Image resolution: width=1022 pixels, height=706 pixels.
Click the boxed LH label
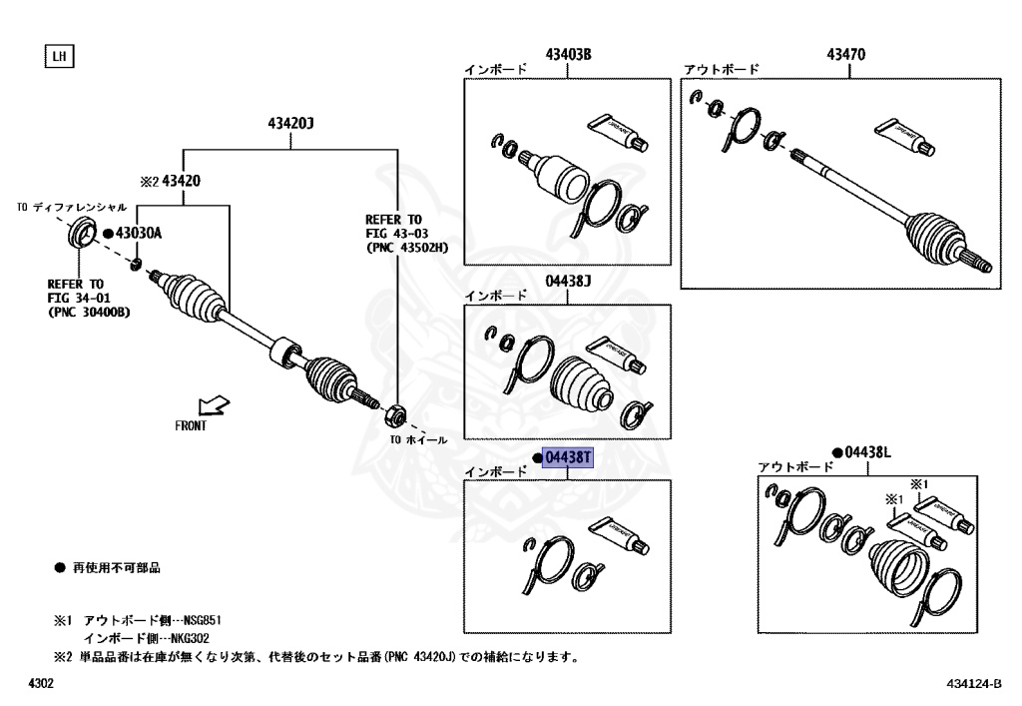click(x=59, y=56)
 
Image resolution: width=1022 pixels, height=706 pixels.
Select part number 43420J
click(x=290, y=124)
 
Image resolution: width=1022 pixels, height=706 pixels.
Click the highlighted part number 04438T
click(x=567, y=458)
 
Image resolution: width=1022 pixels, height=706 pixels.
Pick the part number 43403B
click(x=568, y=54)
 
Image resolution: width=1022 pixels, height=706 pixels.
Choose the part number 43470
click(x=844, y=54)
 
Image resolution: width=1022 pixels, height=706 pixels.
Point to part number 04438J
click(x=568, y=282)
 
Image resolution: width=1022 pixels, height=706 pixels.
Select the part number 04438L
click(x=866, y=452)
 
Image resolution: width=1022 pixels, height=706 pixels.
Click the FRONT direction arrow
click(x=213, y=406)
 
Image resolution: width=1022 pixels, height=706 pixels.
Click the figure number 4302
click(x=41, y=684)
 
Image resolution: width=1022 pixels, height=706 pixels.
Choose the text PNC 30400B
click(x=88, y=313)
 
